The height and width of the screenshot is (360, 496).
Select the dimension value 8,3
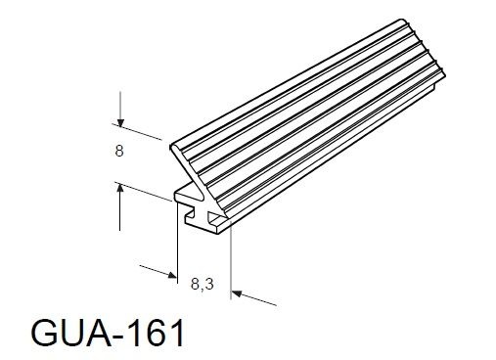pyautogui.click(x=203, y=285)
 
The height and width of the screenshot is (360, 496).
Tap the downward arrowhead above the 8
pyautogui.click(x=118, y=122)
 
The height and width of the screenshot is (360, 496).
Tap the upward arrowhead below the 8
pyautogui.click(x=118, y=189)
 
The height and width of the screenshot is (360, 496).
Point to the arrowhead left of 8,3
pyautogui.click(x=170, y=274)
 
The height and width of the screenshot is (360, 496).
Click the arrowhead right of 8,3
pyautogui.click(x=238, y=292)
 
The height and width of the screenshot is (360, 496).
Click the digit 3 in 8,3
pyautogui.click(x=209, y=285)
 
